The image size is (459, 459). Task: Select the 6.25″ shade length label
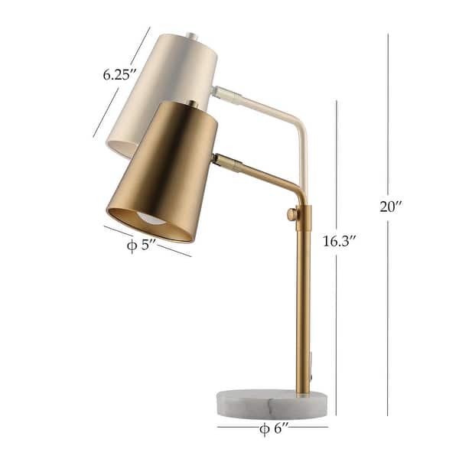coord(119,74)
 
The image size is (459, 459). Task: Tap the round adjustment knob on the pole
coord(291,216)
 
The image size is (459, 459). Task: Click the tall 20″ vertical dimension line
coord(387,115)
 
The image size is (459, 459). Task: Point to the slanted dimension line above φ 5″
coord(148,239)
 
